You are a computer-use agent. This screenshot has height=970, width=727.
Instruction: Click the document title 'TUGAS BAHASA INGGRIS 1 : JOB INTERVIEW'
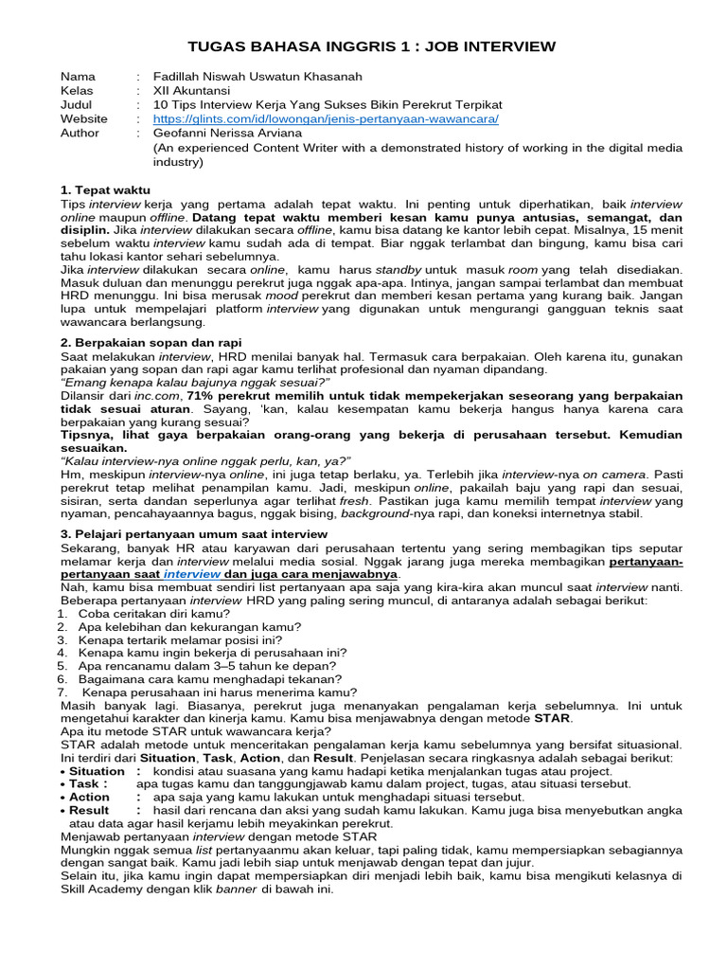363,46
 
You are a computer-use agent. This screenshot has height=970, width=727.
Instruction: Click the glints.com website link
325,119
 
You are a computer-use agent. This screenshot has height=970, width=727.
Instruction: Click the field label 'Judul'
77,105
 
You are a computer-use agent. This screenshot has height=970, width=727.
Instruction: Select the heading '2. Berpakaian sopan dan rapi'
151,342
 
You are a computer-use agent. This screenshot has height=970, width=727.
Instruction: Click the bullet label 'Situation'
98,771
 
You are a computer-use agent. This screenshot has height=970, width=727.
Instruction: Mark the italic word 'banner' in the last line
237,889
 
